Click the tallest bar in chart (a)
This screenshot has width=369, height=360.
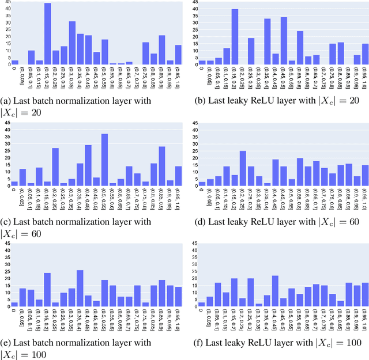click(x=48, y=33)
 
